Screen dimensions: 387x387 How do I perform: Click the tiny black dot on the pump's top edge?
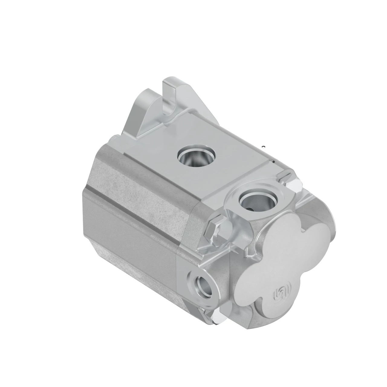pos(274,161)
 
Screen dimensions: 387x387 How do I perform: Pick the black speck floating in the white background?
pos(264,147)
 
